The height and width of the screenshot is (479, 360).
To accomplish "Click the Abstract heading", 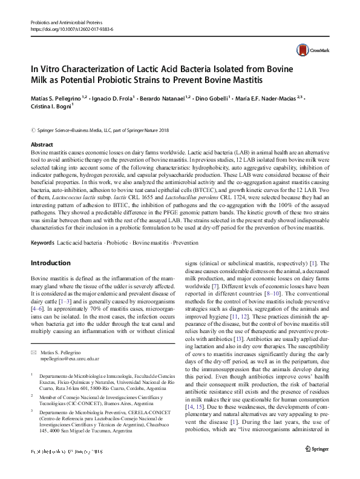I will [42, 145].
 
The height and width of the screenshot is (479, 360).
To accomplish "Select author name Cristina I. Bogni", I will [51, 105].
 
